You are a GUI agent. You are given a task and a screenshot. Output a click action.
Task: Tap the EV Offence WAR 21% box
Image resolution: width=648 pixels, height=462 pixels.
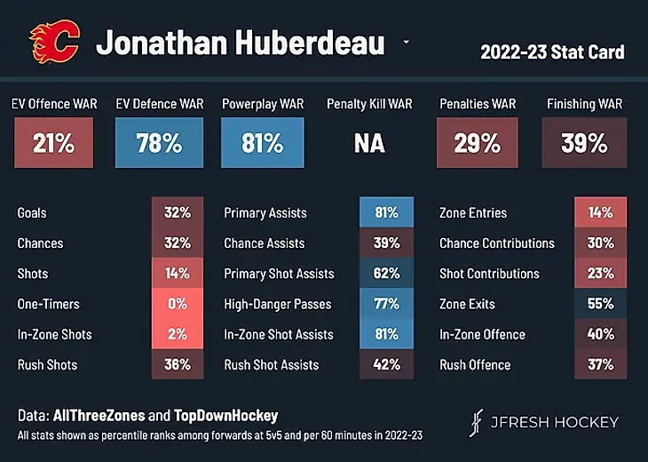tap(53, 142)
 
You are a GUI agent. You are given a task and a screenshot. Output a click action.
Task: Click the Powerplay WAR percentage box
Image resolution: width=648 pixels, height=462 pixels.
tap(264, 142)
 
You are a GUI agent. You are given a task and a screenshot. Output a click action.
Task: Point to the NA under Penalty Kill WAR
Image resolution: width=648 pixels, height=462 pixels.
tap(369, 143)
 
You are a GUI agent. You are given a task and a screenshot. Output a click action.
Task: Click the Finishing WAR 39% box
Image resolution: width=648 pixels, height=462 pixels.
tap(584, 142)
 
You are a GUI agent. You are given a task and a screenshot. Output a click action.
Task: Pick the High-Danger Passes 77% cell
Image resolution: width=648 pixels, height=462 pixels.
tap(386, 304)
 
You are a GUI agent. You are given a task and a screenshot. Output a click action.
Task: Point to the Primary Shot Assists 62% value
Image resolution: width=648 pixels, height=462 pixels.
tap(386, 274)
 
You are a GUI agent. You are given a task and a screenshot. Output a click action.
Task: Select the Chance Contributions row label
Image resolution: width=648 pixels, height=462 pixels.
tap(497, 243)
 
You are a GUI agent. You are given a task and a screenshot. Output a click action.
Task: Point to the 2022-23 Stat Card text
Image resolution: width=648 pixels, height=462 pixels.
tap(552, 52)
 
